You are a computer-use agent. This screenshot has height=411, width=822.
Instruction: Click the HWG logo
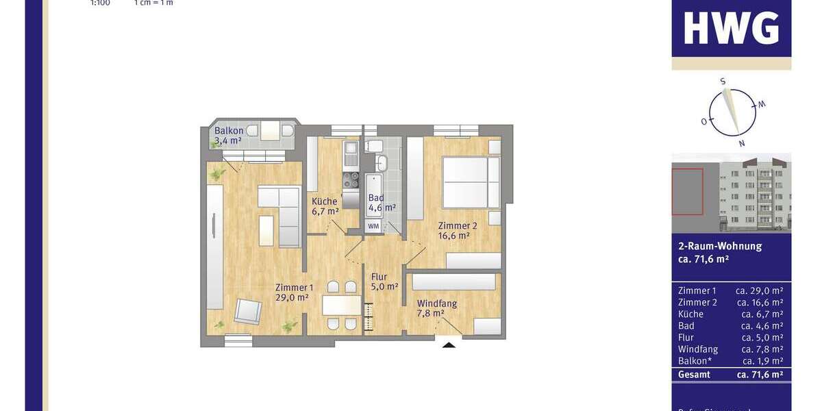pos(731,28)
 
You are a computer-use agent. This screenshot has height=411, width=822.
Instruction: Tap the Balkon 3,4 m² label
pos(228,136)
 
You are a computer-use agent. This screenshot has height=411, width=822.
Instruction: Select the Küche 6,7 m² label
pos(325,206)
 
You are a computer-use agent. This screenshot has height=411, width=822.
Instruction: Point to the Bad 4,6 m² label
pos(382,203)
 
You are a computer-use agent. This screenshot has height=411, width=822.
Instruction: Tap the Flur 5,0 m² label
pos(384,282)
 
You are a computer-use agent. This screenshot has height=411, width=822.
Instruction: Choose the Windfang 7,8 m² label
pos(436,308)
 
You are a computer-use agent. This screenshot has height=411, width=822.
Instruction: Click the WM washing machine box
pos(373,225)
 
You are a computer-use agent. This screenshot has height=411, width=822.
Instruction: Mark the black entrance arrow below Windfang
pos(449,345)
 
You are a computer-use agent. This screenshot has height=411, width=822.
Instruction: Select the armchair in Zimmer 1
pos(247,312)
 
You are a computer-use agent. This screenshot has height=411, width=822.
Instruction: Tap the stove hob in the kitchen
pos(351,179)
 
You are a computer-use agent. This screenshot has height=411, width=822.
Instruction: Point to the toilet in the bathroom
pos(374,145)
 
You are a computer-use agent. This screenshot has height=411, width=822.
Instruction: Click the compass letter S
pos(723,82)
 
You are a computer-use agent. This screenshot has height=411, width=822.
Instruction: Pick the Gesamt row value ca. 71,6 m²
pos(760,375)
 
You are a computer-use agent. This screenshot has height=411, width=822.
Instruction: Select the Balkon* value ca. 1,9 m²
pos(760,361)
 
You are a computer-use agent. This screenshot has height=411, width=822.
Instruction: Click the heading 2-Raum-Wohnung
pos(719,246)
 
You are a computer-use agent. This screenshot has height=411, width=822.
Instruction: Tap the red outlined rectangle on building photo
pos(687,191)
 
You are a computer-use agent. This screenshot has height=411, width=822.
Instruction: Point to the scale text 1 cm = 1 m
pos(154,3)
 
